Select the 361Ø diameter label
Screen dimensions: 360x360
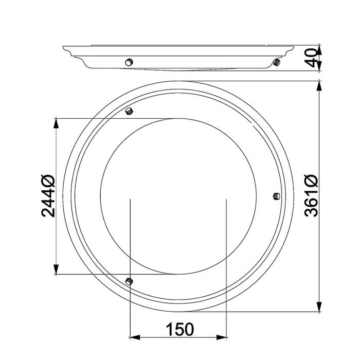click(x=311, y=196)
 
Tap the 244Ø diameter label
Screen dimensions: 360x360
click(x=48, y=196)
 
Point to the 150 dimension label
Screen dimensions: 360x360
click(x=180, y=330)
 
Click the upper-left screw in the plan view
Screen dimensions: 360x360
click(x=129, y=112)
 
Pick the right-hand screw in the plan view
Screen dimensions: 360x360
click(x=277, y=196)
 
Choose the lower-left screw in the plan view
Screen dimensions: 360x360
click(x=129, y=281)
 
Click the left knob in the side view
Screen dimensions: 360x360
click(x=129, y=62)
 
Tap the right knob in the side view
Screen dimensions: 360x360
click(x=277, y=62)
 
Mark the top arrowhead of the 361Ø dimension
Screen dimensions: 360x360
click(x=319, y=86)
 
